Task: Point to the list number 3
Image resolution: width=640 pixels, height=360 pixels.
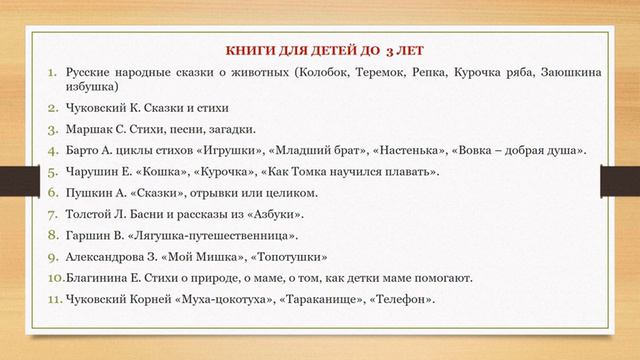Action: point(55,129)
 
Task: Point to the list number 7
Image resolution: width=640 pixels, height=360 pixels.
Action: point(55,214)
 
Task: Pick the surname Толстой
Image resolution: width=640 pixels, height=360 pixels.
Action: point(92,214)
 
